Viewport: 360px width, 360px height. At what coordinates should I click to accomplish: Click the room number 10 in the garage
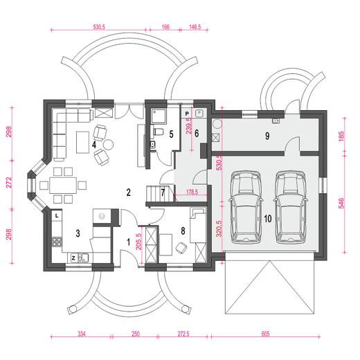pos(267,219)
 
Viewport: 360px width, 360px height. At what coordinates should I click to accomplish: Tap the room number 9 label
pos(267,136)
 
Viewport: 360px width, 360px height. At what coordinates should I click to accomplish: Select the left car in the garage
pos(246,207)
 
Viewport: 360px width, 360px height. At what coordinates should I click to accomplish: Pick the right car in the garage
pos(291,207)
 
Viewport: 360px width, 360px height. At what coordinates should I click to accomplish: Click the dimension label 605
pos(265,334)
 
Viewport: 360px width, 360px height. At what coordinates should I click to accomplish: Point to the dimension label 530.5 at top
pos(99,27)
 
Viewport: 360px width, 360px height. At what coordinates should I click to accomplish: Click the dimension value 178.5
pos(192,192)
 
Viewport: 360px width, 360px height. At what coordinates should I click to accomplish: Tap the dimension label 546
pos(341,203)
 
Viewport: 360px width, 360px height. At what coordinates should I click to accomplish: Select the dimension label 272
pos(9,183)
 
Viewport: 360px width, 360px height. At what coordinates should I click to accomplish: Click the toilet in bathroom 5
pos(158,132)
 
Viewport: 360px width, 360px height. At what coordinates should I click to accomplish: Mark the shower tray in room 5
pos(159,116)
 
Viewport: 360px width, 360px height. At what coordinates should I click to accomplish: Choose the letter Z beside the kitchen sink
pos(73,258)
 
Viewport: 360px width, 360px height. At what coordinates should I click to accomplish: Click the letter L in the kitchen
pos(57,216)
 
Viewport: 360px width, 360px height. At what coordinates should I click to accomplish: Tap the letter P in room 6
pos(187,114)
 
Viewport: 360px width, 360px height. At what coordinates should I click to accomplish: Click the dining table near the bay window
pos(63,185)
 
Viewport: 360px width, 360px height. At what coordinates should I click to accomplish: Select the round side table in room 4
pos(108,145)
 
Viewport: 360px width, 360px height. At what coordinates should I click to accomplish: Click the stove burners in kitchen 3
pos(57,242)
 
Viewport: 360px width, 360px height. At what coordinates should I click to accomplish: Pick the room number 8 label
pos(183,231)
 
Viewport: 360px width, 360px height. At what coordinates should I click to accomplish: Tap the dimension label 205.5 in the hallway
pos(138,242)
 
